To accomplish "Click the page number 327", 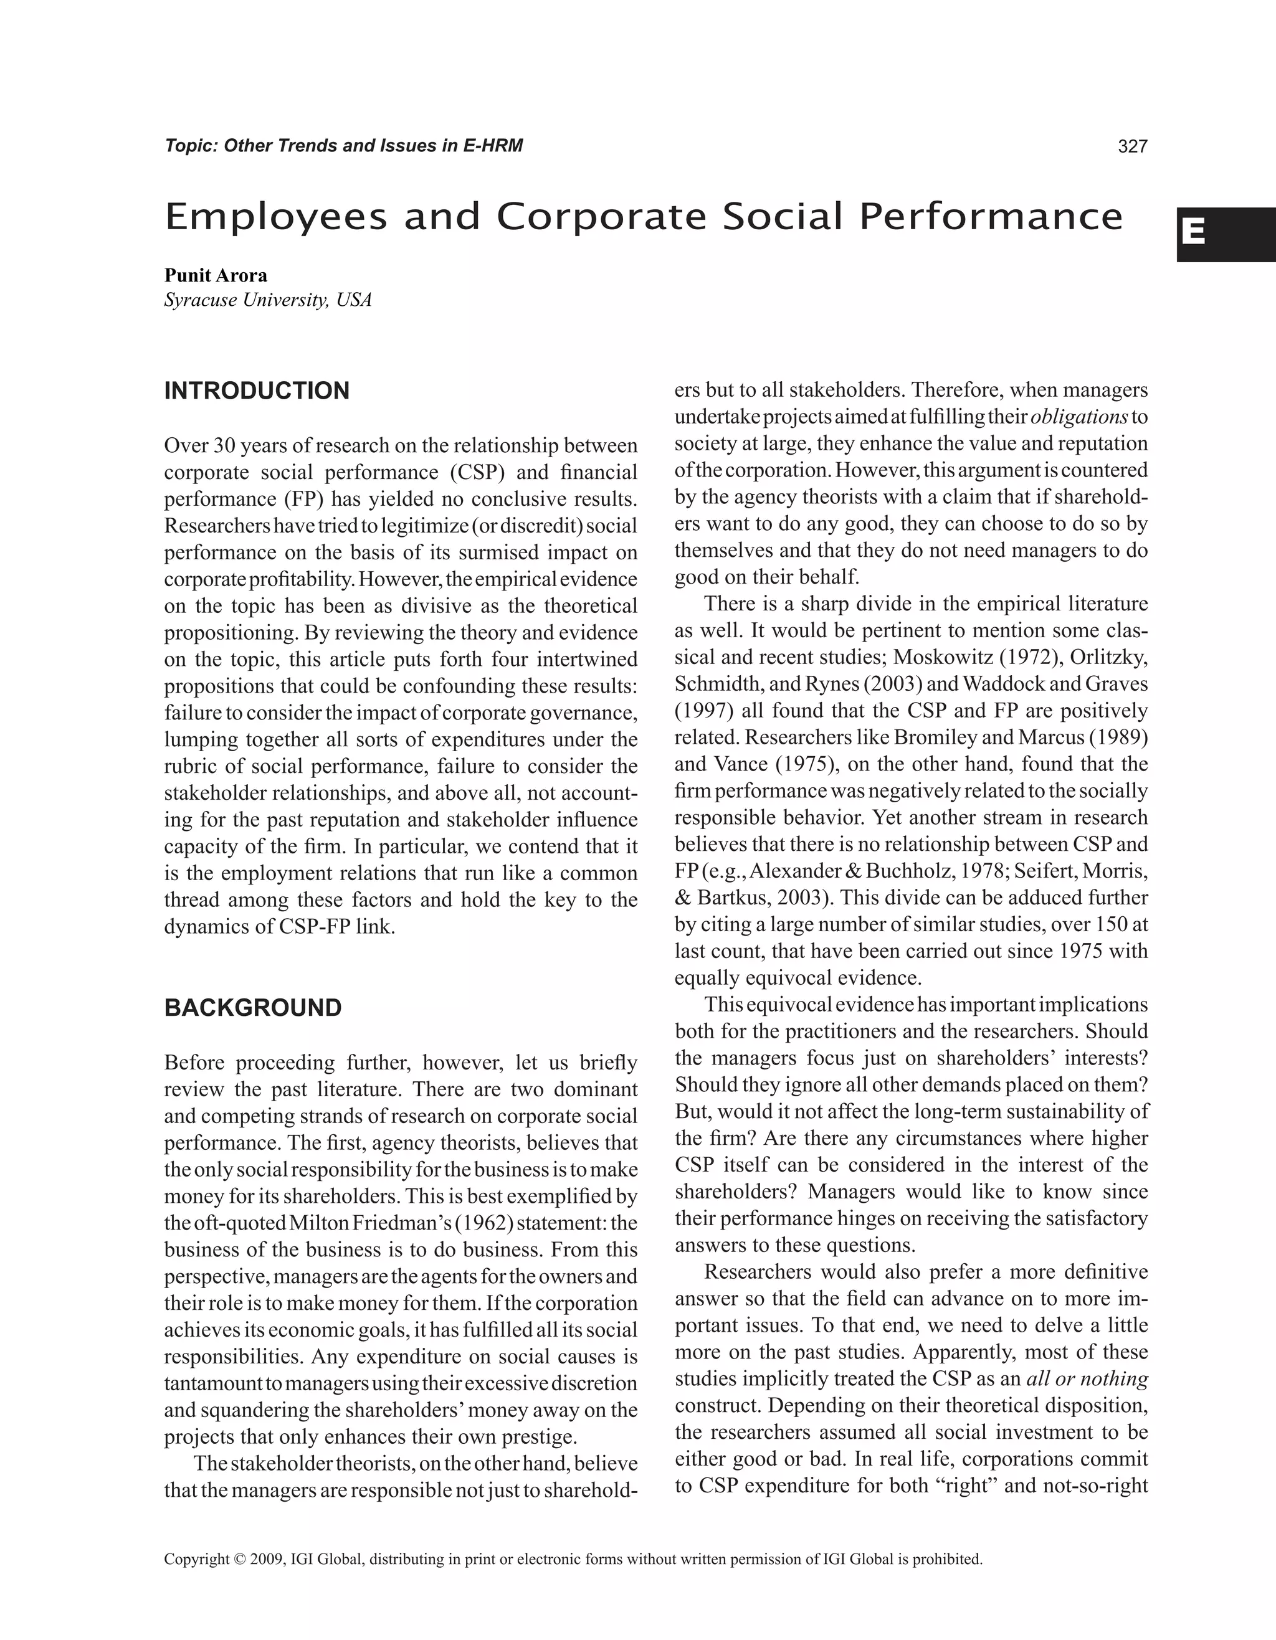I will (x=1133, y=146).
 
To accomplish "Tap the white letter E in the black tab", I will (x=1193, y=233).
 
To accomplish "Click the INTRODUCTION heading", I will (x=257, y=391).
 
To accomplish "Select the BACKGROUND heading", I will (x=253, y=1008).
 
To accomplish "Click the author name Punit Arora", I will (x=216, y=275).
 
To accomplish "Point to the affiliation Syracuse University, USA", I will (x=268, y=300).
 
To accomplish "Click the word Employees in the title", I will (x=275, y=218).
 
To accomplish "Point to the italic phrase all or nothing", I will (x=1087, y=1378).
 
